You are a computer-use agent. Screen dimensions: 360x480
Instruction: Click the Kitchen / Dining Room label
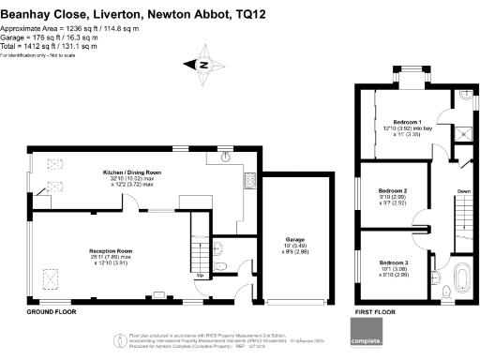pyautogui.click(x=132, y=172)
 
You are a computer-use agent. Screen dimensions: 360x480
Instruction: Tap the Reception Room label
pyautogui.click(x=111, y=252)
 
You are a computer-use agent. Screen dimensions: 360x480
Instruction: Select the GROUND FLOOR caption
pyautogui.click(x=49, y=310)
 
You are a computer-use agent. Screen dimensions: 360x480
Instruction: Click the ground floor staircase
pyautogui.click(x=199, y=239)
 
